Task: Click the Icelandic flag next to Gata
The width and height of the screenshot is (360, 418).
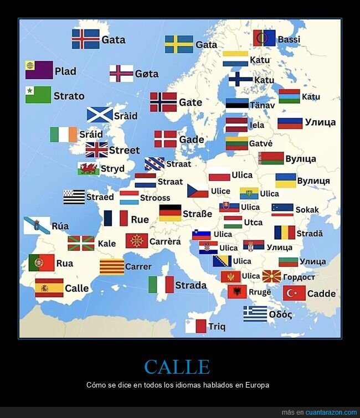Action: click(x=85, y=39)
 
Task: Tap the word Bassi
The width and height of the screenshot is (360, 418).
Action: click(x=289, y=39)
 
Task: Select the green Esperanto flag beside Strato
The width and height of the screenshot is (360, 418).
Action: click(x=38, y=95)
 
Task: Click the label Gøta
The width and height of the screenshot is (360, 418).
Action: click(x=147, y=74)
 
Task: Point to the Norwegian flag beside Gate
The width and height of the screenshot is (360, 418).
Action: click(x=163, y=102)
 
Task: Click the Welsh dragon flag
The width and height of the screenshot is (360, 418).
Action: click(x=89, y=169)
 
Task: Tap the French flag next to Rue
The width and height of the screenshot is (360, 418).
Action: click(x=116, y=219)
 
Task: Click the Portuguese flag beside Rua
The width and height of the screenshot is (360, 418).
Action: click(x=42, y=263)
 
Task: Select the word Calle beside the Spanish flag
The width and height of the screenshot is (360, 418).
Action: click(x=76, y=288)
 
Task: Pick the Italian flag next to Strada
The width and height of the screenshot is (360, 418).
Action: click(x=161, y=285)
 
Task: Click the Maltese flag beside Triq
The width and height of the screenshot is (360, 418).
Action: click(x=196, y=326)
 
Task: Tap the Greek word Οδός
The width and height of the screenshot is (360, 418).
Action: click(x=280, y=314)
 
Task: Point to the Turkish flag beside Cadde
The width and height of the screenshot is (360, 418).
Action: click(x=294, y=293)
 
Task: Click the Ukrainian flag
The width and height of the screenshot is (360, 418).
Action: click(x=286, y=180)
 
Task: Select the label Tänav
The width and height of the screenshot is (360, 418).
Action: click(x=262, y=105)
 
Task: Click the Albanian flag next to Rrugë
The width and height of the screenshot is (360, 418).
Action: click(x=237, y=292)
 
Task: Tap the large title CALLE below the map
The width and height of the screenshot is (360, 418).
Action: click(x=177, y=367)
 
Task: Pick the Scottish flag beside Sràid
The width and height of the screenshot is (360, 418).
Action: click(x=100, y=115)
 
